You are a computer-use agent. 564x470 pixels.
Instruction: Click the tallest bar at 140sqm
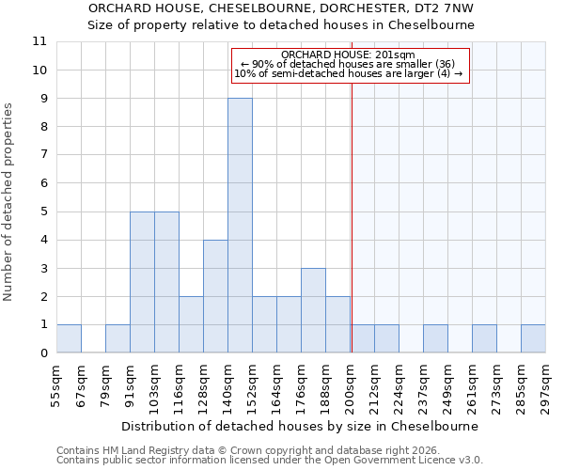pos(240,226)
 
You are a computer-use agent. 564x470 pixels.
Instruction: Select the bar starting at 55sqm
pos(69,338)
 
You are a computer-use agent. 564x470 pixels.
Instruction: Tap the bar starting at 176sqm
pos(313,310)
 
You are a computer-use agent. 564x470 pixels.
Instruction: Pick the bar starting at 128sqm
pos(215,296)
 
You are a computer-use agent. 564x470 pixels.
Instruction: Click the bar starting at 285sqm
pos(533,338)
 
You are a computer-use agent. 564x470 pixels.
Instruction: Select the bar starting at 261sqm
pos(484,338)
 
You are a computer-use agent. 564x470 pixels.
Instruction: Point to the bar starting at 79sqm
pos(117,338)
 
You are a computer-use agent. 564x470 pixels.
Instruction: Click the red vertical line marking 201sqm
pos(352,235)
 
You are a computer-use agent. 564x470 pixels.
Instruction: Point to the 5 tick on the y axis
pos(42,211)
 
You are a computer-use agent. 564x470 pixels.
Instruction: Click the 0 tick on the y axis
pos(42,353)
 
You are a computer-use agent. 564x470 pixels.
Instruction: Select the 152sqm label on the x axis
pos(253,385)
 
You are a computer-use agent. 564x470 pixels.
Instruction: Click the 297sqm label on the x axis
pos(546,385)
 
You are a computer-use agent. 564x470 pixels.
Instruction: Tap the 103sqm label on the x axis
pos(155,385)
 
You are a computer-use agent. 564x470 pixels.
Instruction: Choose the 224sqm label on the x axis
pos(399,385)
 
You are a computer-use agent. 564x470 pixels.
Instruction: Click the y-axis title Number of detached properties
pos(8,202)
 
